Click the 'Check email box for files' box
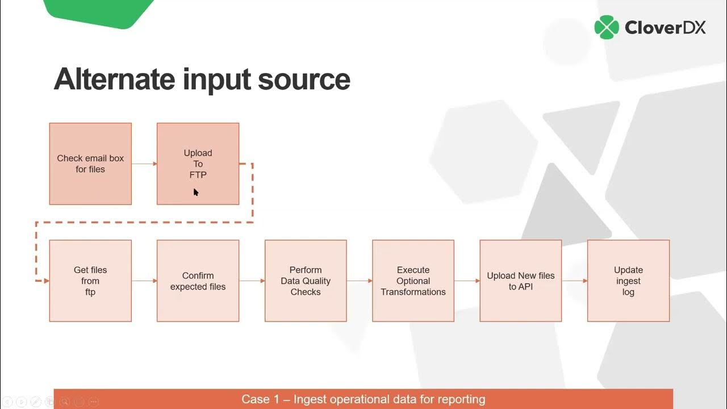pos(90,164)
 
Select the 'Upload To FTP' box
pos(198,164)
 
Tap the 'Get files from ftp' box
pos(90,281)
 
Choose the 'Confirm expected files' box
pos(198,281)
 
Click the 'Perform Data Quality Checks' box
pos(306,281)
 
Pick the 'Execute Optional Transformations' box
pos(413,281)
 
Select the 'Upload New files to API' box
pos(520,281)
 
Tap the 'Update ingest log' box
pos(628,281)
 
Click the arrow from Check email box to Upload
pos(144,164)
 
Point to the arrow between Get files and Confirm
pos(144,281)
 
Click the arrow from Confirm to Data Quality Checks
pos(252,281)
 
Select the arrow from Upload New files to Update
pos(574,281)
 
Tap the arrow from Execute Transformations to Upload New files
pos(467,281)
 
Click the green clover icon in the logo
pos(607,27)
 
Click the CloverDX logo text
pos(665,27)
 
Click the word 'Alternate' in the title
pos(114,79)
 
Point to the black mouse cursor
pos(195,192)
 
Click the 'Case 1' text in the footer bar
pos(260,399)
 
